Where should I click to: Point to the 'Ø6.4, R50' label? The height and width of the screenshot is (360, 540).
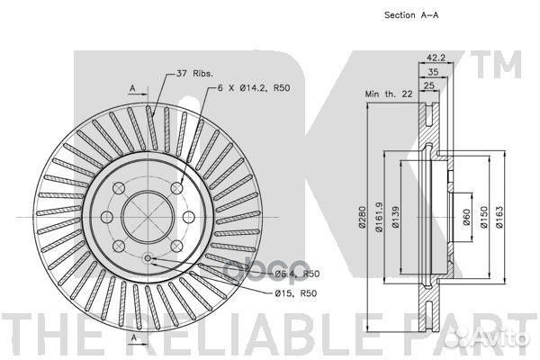click(297, 273)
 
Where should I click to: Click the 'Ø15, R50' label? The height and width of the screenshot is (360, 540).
click(292, 294)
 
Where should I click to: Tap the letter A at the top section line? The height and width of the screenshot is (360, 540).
click(132, 87)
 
